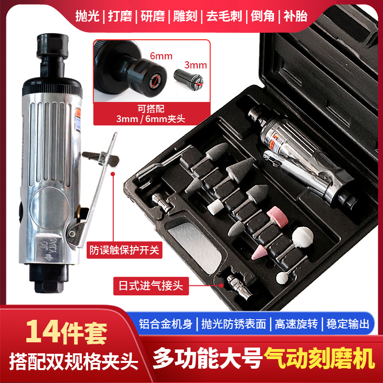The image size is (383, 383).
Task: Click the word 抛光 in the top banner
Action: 88,15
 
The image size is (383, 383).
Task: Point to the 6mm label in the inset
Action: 161,56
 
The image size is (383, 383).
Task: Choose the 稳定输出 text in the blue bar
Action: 348,324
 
